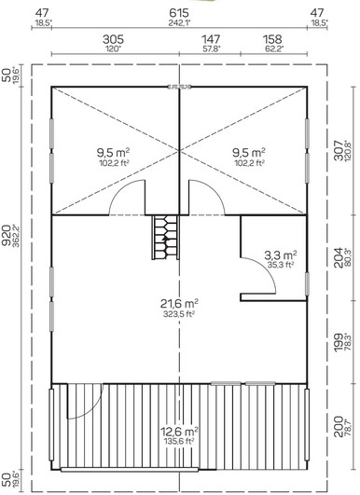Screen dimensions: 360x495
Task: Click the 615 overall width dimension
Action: tap(179, 13)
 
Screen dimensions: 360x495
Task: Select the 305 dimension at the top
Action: tap(113, 40)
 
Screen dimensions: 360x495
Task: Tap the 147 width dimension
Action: tap(211, 40)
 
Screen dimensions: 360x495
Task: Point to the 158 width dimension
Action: tap(272, 40)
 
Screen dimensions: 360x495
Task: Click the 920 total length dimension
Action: tap(7, 235)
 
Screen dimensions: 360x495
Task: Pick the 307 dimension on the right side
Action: tap(339, 151)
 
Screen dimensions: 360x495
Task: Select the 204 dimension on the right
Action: tap(339, 258)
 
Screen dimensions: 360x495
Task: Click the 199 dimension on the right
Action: tap(339, 343)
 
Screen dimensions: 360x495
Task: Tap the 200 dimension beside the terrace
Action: tap(339, 427)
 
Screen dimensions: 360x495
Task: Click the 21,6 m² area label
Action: tap(179, 304)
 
